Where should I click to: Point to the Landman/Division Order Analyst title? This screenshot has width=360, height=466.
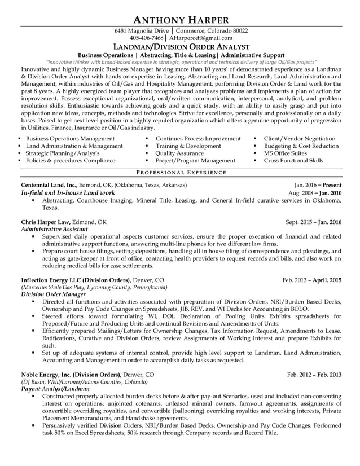(180, 47)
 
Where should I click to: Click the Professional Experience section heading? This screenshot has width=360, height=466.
(181, 172)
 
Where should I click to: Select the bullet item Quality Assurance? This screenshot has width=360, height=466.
(179, 153)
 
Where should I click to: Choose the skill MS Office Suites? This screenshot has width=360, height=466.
(285, 153)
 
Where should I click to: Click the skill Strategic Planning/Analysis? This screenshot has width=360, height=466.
(63, 153)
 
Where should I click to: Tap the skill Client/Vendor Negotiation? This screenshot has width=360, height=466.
(299, 138)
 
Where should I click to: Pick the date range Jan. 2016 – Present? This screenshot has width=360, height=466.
(318, 185)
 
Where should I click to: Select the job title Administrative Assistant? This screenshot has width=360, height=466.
(54, 230)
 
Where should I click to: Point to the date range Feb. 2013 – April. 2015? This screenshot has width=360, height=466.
(312, 279)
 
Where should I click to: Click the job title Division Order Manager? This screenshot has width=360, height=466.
(53, 294)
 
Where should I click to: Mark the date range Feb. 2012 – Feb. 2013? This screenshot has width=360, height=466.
(314, 374)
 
